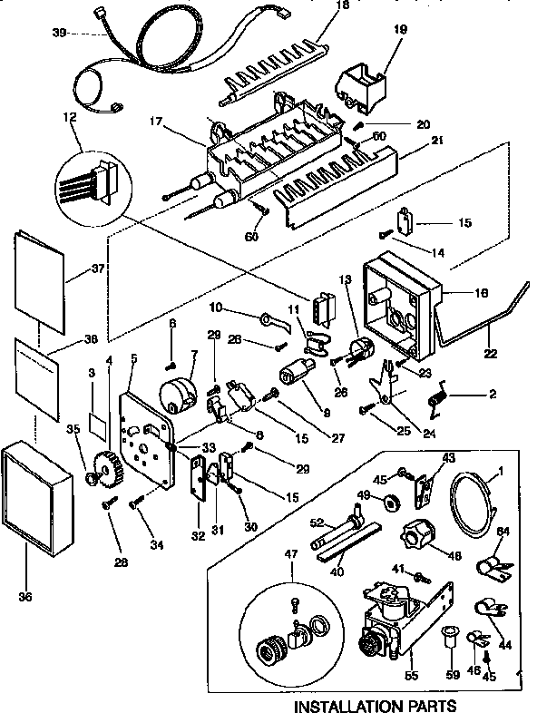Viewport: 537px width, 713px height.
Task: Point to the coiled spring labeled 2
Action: [x=441, y=396]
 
